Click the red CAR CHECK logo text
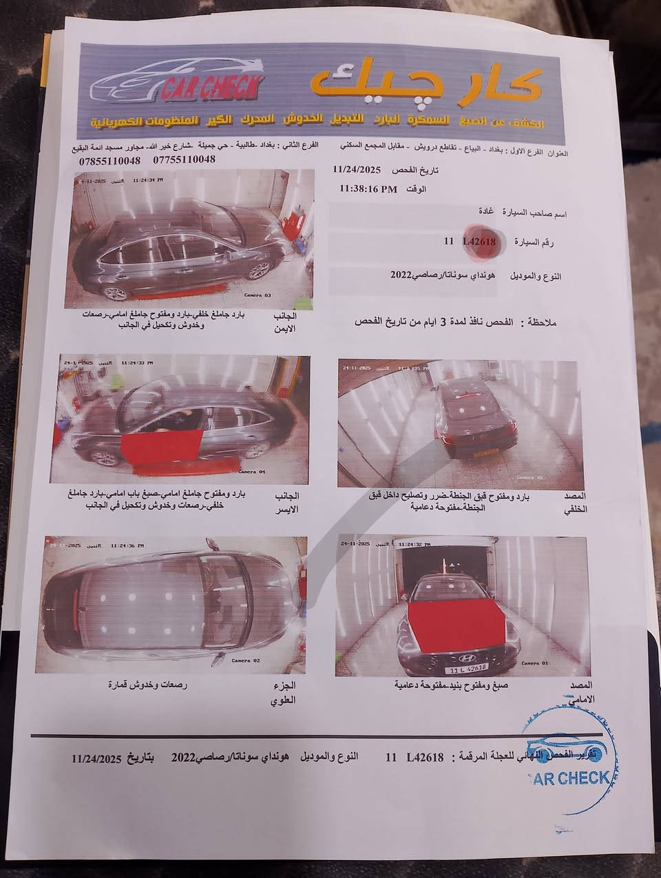click(x=211, y=88)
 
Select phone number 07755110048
click(x=183, y=160)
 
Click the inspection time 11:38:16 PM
click(x=368, y=189)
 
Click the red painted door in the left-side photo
click(x=162, y=450)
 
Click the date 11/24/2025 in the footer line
click(x=97, y=758)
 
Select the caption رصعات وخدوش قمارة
click(x=147, y=685)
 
